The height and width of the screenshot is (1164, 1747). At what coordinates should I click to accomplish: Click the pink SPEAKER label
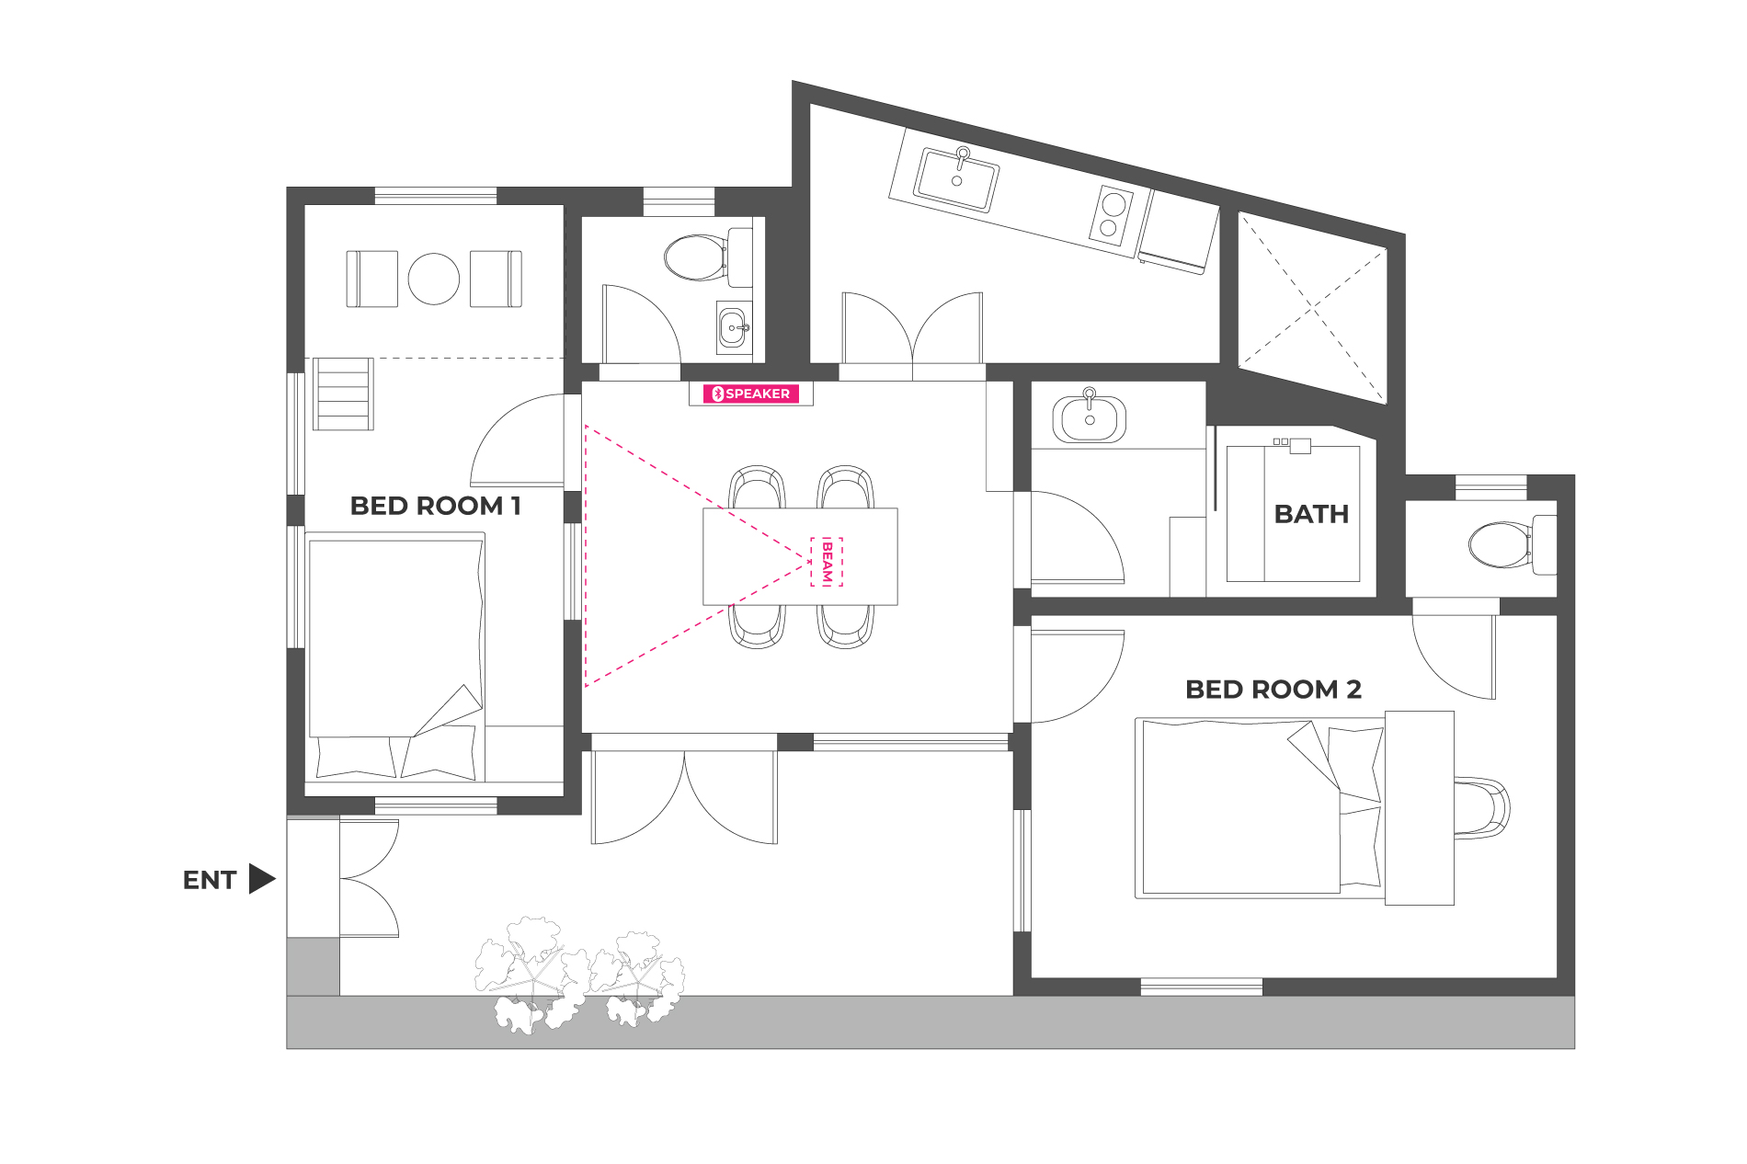point(751,394)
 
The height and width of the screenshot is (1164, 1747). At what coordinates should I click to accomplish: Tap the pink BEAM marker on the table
point(827,562)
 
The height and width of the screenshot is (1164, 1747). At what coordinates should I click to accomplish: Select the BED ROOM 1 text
point(435,506)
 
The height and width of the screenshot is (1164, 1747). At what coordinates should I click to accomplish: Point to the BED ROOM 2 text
point(1273,690)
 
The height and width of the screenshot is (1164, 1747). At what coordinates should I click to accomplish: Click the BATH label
point(1311,514)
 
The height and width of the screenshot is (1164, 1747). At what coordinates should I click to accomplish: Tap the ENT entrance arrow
point(262,879)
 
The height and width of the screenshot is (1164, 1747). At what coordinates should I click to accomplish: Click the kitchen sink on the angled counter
point(956,179)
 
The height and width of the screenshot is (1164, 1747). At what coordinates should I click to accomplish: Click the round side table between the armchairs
point(434,279)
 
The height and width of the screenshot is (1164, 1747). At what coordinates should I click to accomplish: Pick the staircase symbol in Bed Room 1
point(343,394)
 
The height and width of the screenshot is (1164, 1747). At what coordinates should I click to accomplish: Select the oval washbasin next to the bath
point(1090,418)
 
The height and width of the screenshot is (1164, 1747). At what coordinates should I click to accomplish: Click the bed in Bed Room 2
point(1261,807)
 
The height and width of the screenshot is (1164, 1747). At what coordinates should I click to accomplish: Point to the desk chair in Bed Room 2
point(1481,808)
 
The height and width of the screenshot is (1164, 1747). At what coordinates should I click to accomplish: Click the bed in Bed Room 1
point(396,656)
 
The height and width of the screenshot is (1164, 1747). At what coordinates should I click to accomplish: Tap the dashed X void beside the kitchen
point(1312,307)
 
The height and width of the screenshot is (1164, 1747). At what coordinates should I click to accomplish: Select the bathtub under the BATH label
point(1293,513)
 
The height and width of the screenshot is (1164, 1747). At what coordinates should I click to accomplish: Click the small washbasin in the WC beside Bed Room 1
point(734,328)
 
